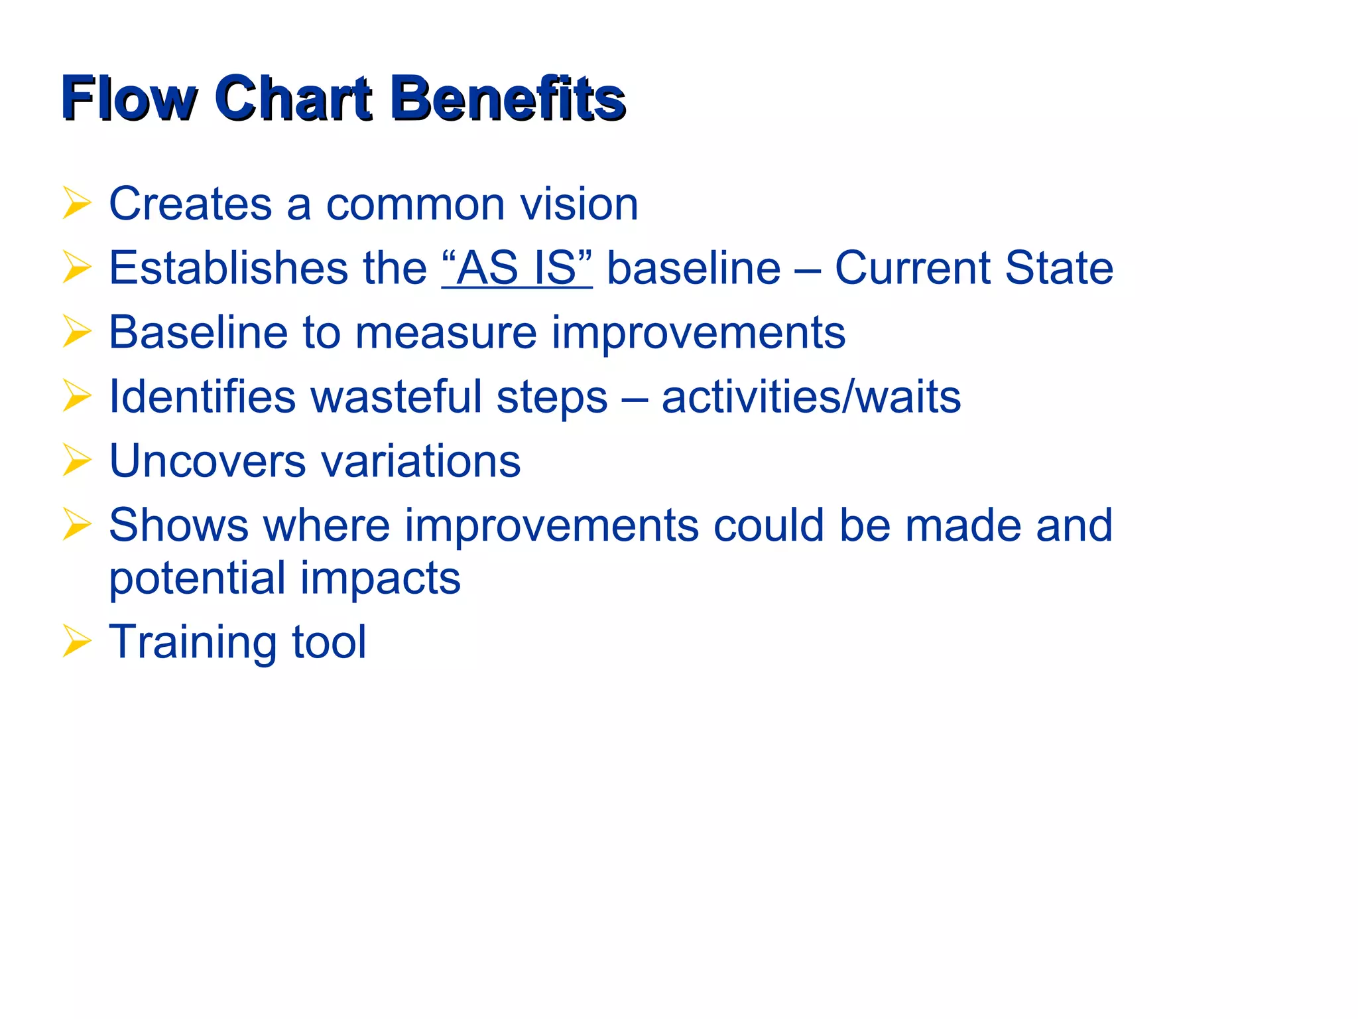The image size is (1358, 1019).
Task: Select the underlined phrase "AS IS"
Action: [x=517, y=268]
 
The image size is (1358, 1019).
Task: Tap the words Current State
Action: [x=973, y=268]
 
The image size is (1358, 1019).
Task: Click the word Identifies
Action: [x=202, y=397]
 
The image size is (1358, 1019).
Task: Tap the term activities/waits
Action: [x=811, y=397]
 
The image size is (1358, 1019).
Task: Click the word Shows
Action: [x=178, y=525]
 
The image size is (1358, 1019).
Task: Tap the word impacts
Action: [x=381, y=578]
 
